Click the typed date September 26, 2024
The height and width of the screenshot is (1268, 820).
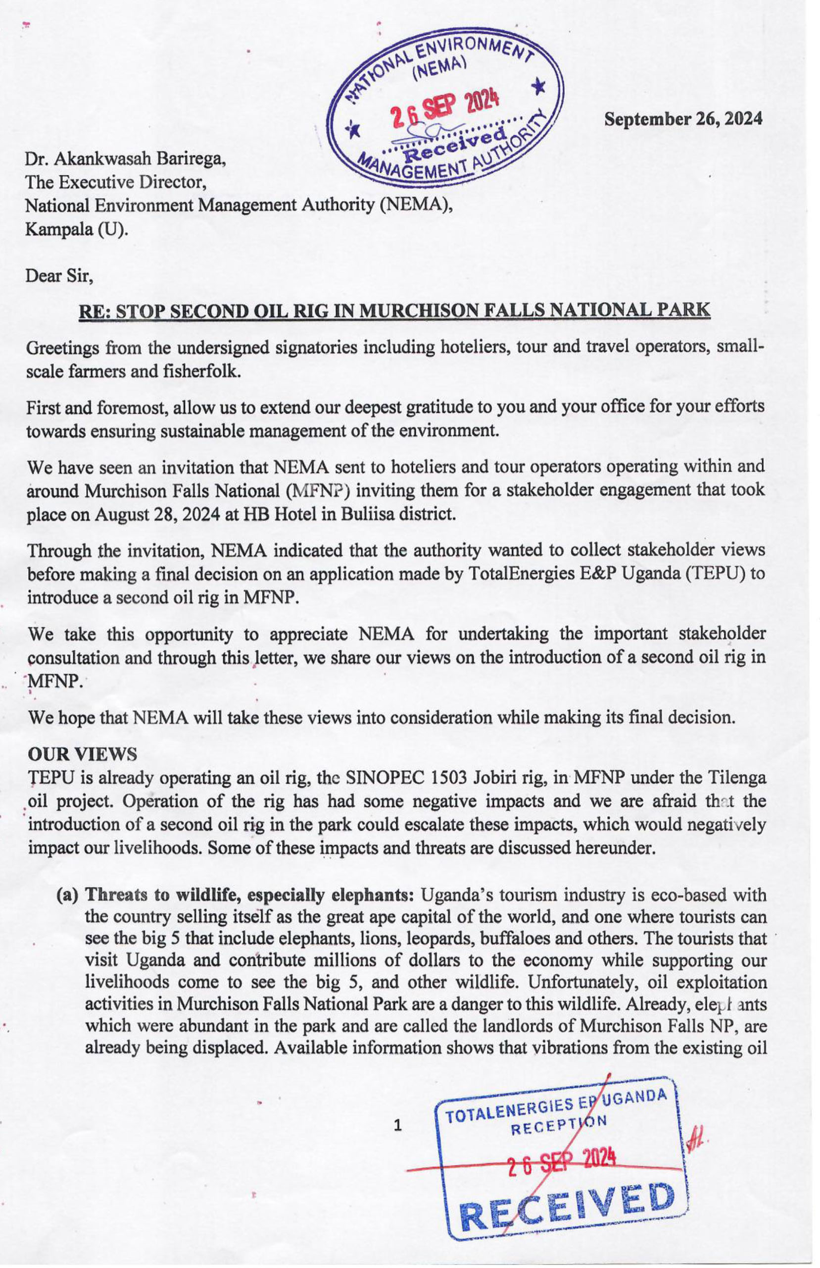pos(683,119)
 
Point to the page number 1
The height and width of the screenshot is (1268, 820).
pos(397,1125)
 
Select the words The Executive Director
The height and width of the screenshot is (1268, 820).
pos(115,182)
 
